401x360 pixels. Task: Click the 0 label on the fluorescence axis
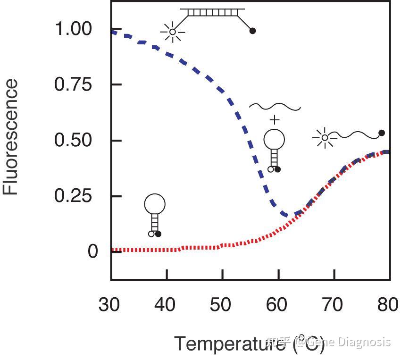tap(92, 251)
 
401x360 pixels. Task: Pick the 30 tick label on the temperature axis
tap(110, 305)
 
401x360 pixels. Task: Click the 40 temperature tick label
tap(166, 305)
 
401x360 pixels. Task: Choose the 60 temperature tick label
tap(278, 305)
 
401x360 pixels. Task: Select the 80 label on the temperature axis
tap(388, 305)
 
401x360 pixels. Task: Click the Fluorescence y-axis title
tap(11, 137)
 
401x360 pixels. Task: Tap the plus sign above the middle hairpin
tap(274, 119)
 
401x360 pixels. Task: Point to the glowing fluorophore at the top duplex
tap(173, 32)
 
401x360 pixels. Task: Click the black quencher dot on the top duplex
tap(252, 31)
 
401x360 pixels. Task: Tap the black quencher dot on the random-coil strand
tap(382, 133)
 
